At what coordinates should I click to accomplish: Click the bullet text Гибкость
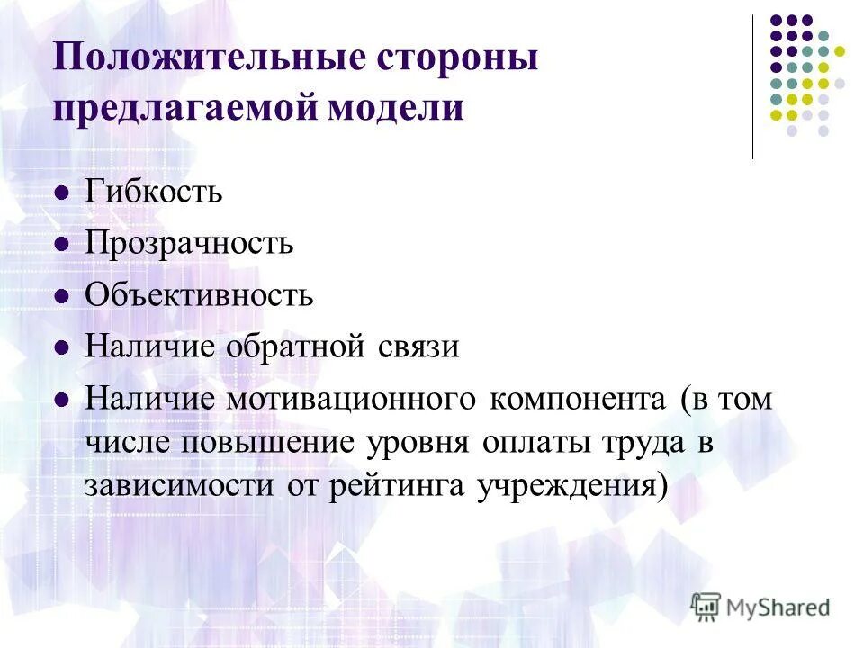click(x=154, y=192)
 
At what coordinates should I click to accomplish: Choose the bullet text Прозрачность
click(x=189, y=243)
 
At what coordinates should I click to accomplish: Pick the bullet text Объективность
click(x=199, y=294)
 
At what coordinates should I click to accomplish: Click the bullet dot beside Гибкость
click(x=61, y=193)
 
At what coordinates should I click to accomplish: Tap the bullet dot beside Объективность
click(x=61, y=295)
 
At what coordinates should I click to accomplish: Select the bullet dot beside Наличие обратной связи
click(x=61, y=347)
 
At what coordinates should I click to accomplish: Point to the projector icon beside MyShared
click(x=706, y=606)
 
